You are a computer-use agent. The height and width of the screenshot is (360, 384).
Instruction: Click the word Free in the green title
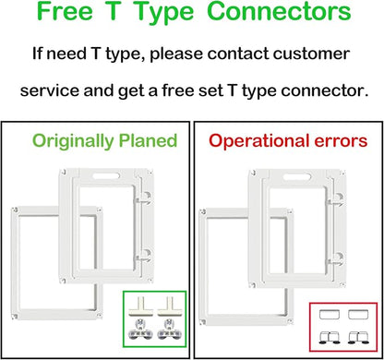coord(65,11)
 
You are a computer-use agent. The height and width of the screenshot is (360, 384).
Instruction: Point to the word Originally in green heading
coord(73,141)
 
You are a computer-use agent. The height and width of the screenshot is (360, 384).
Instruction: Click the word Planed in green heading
coord(148,141)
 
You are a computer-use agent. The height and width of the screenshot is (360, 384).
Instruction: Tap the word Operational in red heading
coord(259,141)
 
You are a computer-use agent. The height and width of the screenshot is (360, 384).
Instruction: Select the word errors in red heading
coord(341,142)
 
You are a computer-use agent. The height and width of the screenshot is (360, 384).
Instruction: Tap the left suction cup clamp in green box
coord(140,330)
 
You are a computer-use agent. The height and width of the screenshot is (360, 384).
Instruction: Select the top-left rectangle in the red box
coord(330,315)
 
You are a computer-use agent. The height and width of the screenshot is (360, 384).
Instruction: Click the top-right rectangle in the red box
coord(358,315)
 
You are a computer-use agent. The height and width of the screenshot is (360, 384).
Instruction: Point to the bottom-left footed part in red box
coord(330,338)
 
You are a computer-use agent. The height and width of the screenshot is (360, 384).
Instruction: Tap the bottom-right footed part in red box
coord(358,338)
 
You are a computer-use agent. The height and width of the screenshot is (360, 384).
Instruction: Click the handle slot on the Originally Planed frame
coord(106,176)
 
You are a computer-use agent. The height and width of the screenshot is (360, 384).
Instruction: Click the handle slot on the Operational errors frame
coord(296,177)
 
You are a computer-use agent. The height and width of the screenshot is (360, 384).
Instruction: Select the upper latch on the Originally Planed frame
coord(144,198)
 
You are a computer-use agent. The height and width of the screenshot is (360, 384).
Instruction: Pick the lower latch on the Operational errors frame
coord(335,259)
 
